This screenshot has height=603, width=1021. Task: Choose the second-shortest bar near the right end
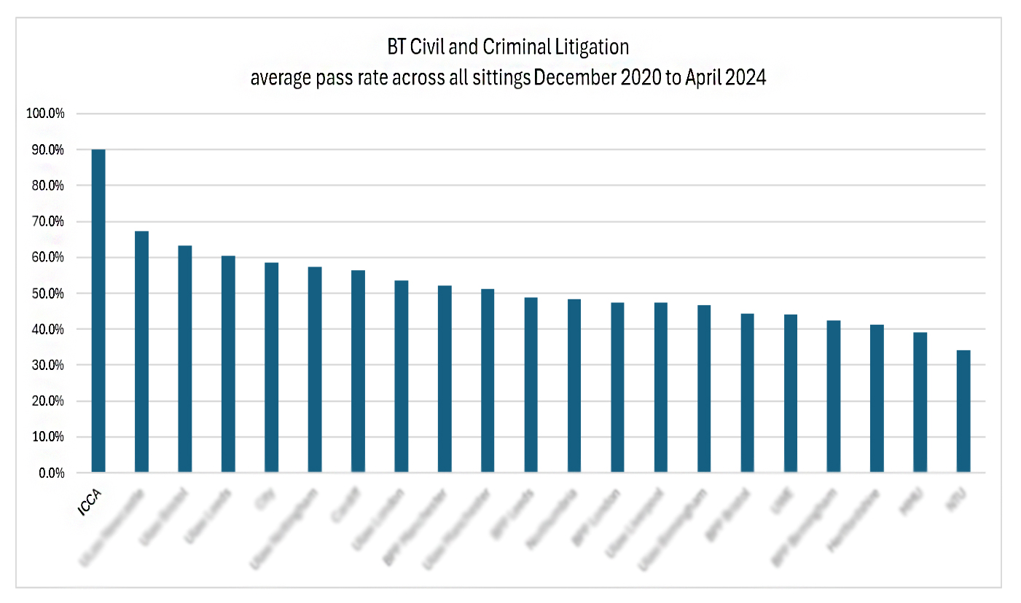point(920,403)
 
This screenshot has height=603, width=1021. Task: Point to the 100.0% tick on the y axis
point(46,114)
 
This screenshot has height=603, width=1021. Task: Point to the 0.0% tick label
point(50,473)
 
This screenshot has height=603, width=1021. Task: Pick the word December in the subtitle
point(573,78)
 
